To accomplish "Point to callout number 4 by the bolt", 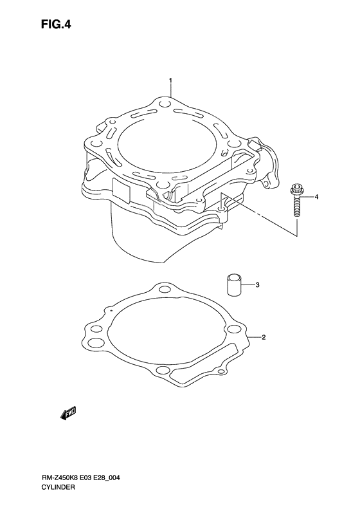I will pos(316,196).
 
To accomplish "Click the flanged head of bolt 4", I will pos(297,190).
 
